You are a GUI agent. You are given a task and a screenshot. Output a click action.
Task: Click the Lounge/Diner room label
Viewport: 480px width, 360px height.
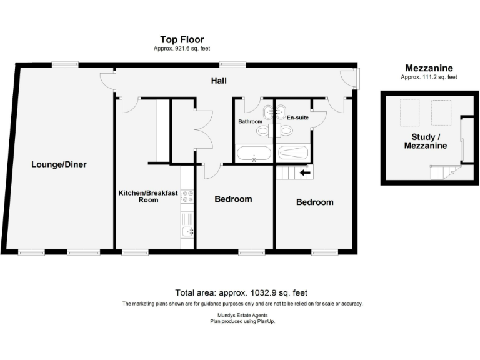pyautogui.click(x=59, y=165)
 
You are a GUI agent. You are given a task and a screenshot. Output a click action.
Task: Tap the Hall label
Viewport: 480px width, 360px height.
pyautogui.click(x=218, y=81)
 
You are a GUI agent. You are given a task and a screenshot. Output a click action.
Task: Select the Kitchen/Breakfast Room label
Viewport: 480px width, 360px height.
pyautogui.click(x=147, y=197)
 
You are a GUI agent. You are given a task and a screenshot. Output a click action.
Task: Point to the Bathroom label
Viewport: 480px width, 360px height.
pyautogui.click(x=250, y=121)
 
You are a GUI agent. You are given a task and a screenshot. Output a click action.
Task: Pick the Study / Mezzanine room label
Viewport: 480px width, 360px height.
pyautogui.click(x=429, y=141)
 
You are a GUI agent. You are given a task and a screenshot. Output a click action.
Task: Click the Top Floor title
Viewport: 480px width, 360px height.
pyautogui.click(x=182, y=40)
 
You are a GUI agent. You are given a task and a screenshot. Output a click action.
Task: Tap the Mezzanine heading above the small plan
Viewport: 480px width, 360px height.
pyautogui.click(x=429, y=68)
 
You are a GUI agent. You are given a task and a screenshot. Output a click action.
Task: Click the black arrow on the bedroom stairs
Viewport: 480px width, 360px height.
pyautogui.click(x=306, y=172)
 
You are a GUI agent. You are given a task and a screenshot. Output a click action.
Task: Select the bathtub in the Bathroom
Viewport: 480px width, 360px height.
pyautogui.click(x=254, y=152)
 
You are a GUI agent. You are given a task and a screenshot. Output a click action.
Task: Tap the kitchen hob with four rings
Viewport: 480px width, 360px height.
pyautogui.click(x=187, y=197)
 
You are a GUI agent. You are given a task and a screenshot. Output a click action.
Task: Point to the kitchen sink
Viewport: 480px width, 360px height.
pyautogui.click(x=187, y=232)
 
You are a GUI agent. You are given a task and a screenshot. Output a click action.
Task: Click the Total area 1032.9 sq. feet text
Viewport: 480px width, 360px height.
pyautogui.click(x=241, y=292)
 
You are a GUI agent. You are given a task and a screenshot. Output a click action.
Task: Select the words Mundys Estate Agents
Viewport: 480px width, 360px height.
pyautogui.click(x=242, y=316)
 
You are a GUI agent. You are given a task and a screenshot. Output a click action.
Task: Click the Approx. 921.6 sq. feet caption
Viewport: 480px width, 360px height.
pyautogui.click(x=182, y=48)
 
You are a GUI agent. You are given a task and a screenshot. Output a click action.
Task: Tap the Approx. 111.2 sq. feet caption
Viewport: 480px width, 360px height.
pyautogui.click(x=429, y=77)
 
